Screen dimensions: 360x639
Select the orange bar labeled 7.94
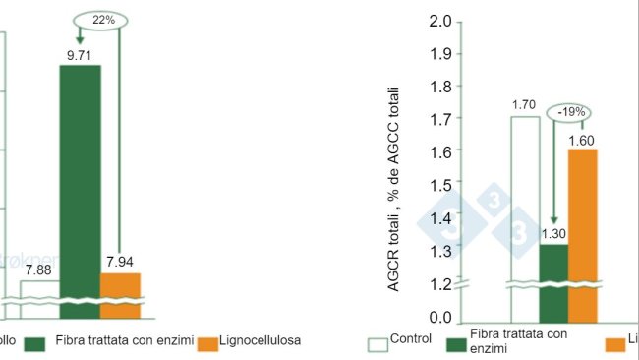click(x=120, y=295)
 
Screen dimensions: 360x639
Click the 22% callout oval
click(x=102, y=20)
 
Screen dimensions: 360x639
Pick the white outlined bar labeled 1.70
click(x=524, y=216)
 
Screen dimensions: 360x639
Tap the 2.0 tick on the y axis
click(x=440, y=22)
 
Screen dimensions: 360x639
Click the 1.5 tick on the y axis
click(x=440, y=185)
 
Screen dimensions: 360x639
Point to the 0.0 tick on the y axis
click(x=440, y=318)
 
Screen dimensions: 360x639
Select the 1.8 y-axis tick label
click(x=440, y=87)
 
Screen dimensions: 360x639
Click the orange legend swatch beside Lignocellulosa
click(x=207, y=343)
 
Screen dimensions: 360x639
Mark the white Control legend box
click(x=378, y=345)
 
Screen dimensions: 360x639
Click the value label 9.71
click(x=80, y=56)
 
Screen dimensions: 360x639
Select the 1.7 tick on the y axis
click(x=440, y=120)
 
